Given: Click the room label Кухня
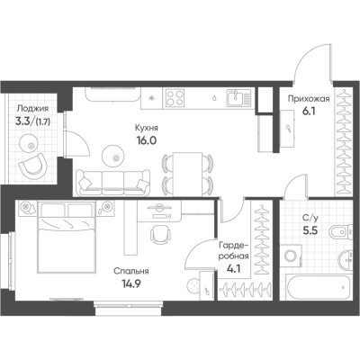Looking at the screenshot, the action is (x=147, y=128).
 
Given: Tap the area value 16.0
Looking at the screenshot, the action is (x=147, y=140).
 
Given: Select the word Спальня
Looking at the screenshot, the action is (x=131, y=272).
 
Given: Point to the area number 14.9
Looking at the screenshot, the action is (x=131, y=283).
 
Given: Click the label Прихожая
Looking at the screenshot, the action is (x=309, y=99).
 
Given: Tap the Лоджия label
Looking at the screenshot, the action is (x=32, y=108).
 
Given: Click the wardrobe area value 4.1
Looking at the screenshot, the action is (x=234, y=268).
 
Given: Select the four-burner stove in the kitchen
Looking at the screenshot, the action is (x=175, y=98).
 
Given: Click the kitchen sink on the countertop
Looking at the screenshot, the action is (x=238, y=98).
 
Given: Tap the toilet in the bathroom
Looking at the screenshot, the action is (x=340, y=231).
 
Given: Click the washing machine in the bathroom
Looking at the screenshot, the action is (x=291, y=256).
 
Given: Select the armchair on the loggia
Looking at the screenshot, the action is (x=33, y=166).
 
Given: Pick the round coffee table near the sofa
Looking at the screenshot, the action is (x=113, y=156).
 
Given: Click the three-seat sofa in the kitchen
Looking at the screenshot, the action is (x=112, y=183).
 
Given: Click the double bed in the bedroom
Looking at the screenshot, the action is (x=67, y=237).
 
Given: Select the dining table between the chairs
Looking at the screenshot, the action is (x=188, y=174).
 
